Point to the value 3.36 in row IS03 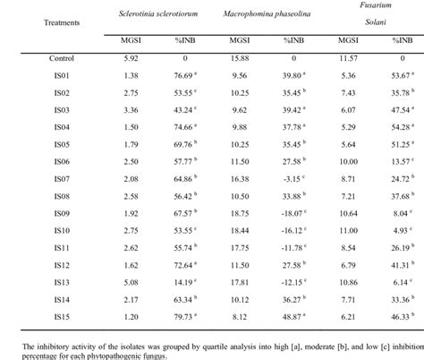tap(129, 109)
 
